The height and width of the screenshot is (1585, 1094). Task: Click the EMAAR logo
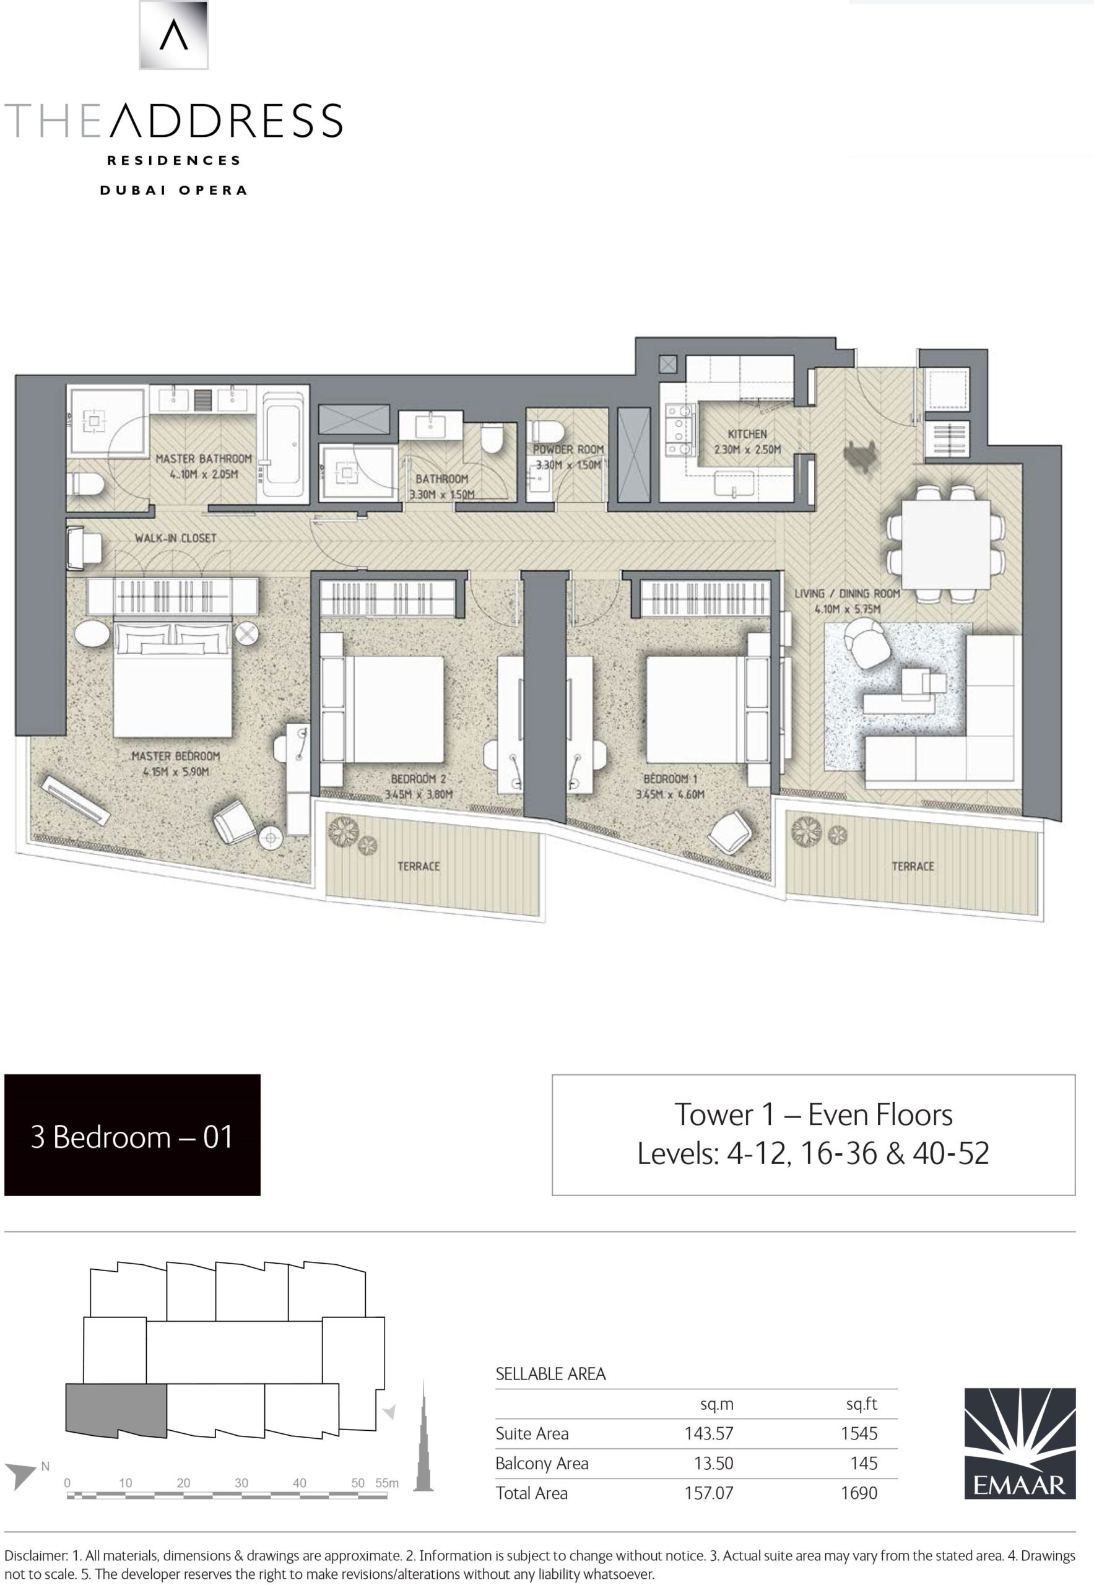tap(1020, 1443)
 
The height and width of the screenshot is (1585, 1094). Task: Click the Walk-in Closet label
tap(175, 538)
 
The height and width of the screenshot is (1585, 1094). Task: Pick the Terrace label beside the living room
tap(913, 867)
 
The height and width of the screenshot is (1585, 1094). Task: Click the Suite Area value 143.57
tap(709, 1433)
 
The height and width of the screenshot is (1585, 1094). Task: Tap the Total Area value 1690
tap(859, 1493)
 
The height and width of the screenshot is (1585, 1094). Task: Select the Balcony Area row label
tap(542, 1464)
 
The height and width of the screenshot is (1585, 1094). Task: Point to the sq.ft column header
tap(862, 1404)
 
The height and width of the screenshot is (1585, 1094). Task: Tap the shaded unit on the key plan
tap(116, 1412)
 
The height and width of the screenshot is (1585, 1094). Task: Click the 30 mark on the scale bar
tap(241, 1483)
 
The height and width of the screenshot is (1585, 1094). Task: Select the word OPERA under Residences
tap(212, 190)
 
